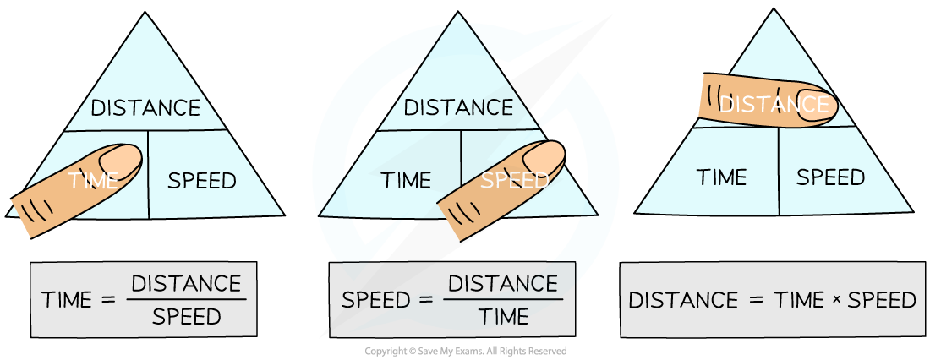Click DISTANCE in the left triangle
pos(145,108)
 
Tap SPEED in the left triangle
pos(202,180)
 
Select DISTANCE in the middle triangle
pos(458,108)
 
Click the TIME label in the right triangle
pos(721,177)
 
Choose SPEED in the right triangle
pos(831,177)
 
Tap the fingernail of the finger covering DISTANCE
pos(816,106)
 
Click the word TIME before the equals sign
pos(67,301)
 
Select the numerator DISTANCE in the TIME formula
pos(186,282)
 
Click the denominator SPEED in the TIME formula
pos(186,317)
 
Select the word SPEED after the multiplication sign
pos(882,301)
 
